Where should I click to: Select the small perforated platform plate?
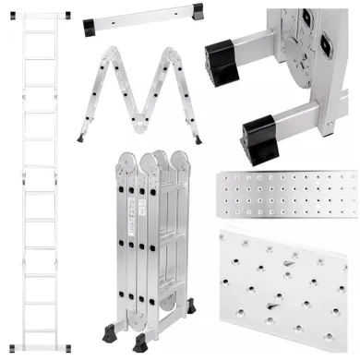tap(284, 197)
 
